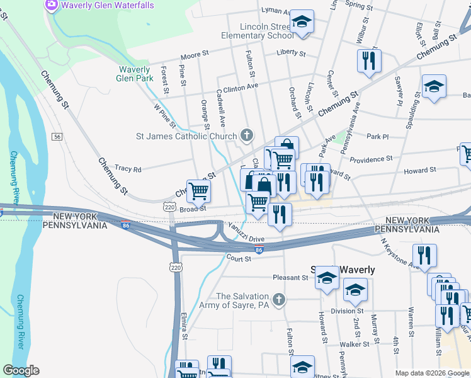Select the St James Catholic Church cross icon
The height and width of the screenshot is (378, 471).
click(x=247, y=135)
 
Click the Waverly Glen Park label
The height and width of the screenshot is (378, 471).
click(x=135, y=74)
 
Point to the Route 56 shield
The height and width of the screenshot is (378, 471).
click(x=57, y=137)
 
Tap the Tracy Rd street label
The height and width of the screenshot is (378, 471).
click(x=128, y=169)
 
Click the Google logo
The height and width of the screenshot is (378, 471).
click(x=21, y=370)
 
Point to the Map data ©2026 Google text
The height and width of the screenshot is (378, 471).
click(x=431, y=373)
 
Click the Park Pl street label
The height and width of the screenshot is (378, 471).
click(x=378, y=136)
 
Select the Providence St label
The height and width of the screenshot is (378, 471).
click(x=371, y=159)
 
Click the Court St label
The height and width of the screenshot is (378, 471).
click(x=239, y=258)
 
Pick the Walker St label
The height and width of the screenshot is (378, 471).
click(x=354, y=344)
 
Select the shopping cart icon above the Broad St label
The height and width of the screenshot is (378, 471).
click(x=198, y=190)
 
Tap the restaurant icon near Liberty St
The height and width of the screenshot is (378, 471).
click(x=368, y=61)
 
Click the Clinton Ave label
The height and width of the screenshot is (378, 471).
click(x=241, y=87)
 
